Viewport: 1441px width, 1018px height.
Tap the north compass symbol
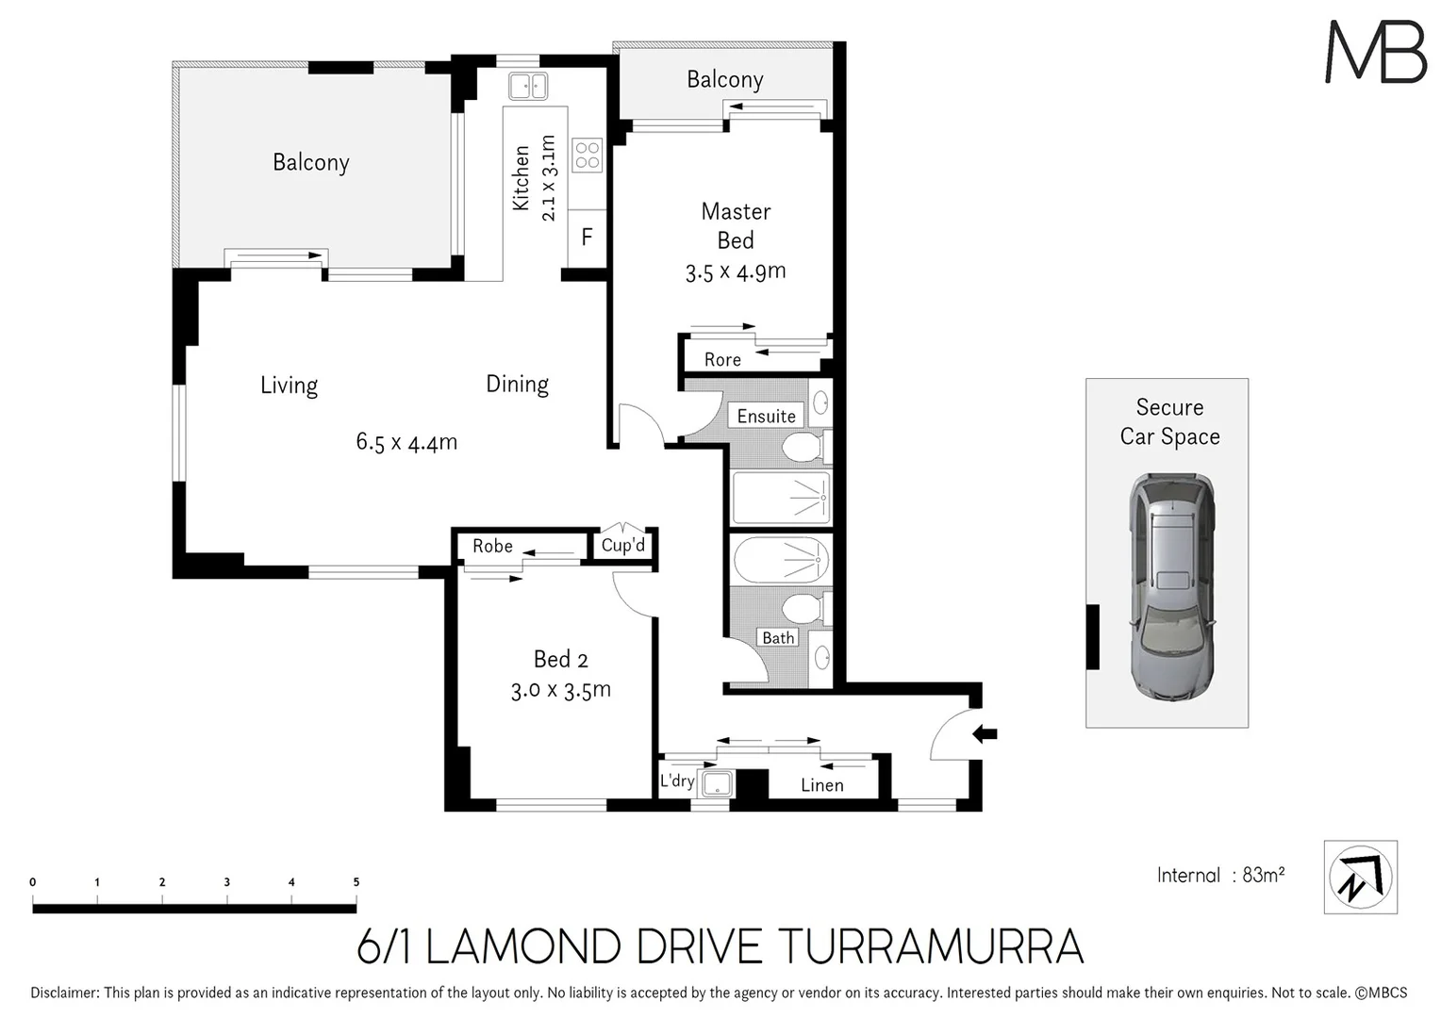1360,877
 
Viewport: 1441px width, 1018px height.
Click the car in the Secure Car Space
1170,586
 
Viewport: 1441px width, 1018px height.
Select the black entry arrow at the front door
985,733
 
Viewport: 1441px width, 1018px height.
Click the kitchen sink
528,86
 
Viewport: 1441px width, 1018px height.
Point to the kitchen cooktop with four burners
587,155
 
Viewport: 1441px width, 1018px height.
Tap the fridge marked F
587,237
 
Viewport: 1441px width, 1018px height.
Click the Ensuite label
766,416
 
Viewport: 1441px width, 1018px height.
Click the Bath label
778,638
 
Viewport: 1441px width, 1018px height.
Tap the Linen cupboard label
821,785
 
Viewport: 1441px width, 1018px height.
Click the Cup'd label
623,545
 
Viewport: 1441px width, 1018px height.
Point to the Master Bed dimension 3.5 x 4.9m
736,272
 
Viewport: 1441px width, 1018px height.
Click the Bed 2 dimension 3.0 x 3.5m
561,691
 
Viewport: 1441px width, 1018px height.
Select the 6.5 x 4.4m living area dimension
406,442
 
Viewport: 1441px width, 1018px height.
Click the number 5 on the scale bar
356,882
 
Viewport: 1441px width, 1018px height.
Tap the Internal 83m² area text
1220,875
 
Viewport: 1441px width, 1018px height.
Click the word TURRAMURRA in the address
933,947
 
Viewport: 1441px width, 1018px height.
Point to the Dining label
517,384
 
